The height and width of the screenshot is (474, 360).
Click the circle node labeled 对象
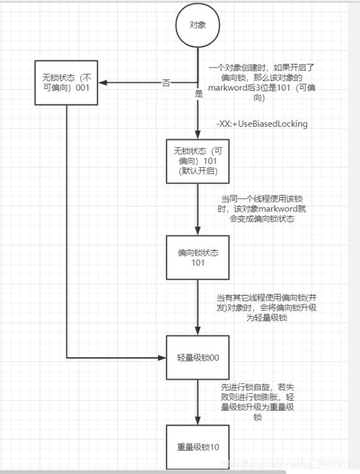(197, 26)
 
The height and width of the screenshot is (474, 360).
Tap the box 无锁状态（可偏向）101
(197, 161)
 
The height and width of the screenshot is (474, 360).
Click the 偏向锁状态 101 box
(197, 258)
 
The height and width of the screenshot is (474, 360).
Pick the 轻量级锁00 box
(197, 357)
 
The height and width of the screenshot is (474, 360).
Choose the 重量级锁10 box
(197, 447)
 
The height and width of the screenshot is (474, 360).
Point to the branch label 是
(199, 94)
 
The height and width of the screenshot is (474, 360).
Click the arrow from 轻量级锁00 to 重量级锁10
(197, 402)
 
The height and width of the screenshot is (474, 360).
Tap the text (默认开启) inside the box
(197, 172)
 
